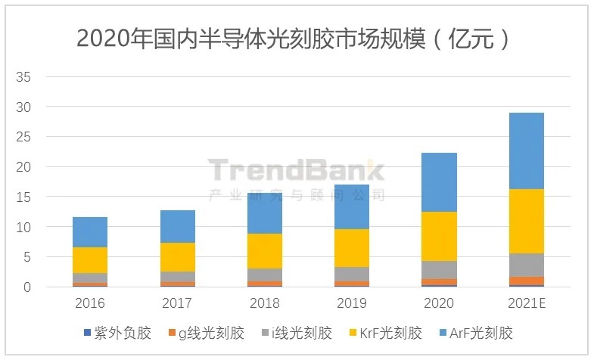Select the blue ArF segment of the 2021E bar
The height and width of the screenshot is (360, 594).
pos(526,151)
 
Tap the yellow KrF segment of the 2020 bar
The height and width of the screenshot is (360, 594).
pos(439,236)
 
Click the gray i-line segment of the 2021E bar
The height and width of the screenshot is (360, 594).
pos(526,265)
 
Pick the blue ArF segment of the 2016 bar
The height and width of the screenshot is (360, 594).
pos(90,231)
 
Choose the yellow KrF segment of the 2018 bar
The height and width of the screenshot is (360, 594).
pos(264,250)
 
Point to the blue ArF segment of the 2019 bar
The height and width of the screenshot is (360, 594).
pos(351,206)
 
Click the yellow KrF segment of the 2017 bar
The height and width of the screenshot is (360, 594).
pos(177,256)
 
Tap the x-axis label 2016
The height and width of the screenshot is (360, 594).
pos(90,303)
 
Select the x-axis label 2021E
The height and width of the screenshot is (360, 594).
pos(526,303)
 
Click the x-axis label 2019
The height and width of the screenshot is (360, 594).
pos(351,303)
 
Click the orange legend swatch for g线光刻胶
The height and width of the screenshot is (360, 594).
pos(172,334)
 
